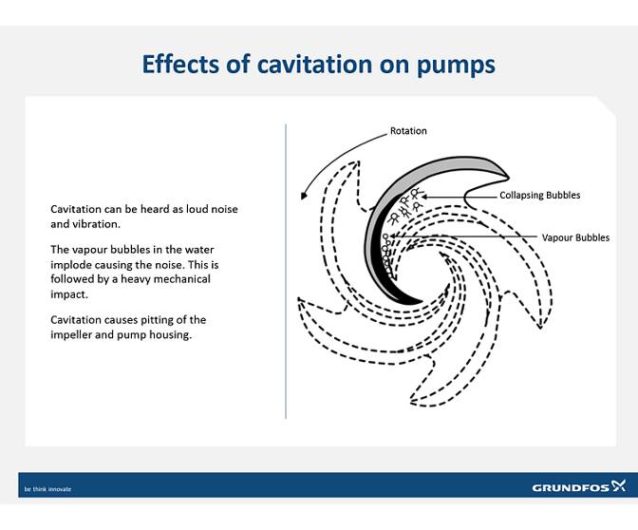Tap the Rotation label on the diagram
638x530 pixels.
point(408,131)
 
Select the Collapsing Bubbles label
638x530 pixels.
point(539,196)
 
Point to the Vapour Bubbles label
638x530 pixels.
point(575,237)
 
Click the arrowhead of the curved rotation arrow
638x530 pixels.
point(303,196)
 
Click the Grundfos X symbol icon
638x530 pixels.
point(619,486)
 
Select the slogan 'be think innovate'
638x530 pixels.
point(47,489)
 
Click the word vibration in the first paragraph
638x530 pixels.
point(98,225)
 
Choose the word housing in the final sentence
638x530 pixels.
point(171,334)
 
